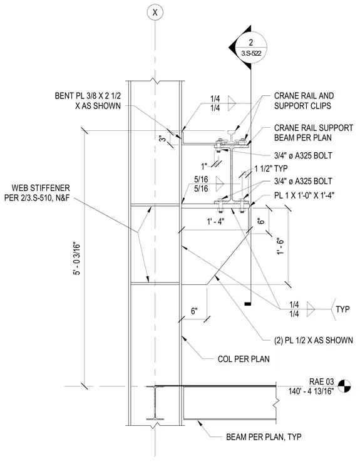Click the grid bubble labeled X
pos(155,13)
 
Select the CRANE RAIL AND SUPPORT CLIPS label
pos(304,101)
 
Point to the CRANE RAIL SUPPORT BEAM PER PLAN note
pos(314,133)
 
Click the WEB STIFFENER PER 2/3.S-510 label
pos(37,193)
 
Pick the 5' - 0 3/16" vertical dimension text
pos(77,259)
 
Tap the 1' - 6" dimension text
pos(280,246)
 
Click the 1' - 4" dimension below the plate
pos(215,222)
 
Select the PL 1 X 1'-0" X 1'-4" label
pos(304,195)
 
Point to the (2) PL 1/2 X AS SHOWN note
pos(314,340)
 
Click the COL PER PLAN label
pos(244,359)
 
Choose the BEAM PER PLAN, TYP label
pos(264,437)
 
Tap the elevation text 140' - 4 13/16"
pos(311,391)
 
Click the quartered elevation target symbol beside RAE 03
pos(344,386)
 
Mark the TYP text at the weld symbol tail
pos(342,309)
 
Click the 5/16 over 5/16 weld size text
pos(201,184)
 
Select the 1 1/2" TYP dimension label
pos(271,168)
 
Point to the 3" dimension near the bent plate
pos(163,138)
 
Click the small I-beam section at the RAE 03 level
pos(155,403)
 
